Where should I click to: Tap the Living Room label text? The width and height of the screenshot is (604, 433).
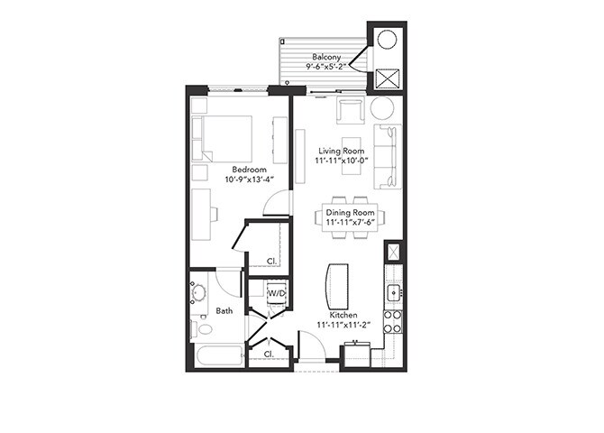[x=340, y=151]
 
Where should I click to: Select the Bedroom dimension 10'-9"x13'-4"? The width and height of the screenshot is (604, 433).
[x=248, y=179]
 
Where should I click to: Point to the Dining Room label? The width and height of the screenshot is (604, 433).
[x=351, y=212]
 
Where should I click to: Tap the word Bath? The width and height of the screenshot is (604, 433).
[x=224, y=311]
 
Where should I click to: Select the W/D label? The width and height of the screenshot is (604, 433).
[x=276, y=293]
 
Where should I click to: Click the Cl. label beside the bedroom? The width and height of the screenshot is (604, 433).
[x=271, y=262]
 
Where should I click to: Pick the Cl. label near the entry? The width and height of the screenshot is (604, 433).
[x=269, y=355]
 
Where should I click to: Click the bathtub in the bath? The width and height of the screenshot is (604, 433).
[x=217, y=354]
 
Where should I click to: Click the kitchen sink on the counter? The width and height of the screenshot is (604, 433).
[x=393, y=293]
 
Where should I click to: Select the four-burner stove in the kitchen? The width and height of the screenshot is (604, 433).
[x=393, y=321]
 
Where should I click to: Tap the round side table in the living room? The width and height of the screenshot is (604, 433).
[x=381, y=108]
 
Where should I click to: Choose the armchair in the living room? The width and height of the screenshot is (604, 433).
[x=349, y=109]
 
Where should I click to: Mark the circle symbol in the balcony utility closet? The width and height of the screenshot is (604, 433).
[x=389, y=41]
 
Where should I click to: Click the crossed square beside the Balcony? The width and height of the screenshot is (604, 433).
[x=389, y=78]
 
